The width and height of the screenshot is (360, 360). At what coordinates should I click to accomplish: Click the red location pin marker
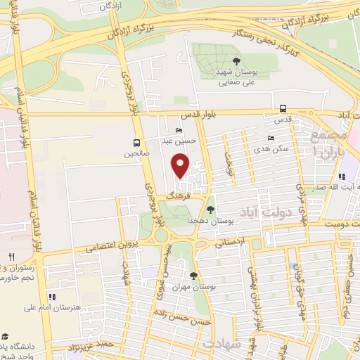[181, 166]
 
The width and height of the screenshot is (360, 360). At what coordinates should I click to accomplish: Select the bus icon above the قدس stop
[283, 108]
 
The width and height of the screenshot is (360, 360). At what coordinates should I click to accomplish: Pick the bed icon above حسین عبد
[179, 130]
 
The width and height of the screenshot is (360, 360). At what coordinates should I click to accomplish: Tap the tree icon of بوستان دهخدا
[211, 209]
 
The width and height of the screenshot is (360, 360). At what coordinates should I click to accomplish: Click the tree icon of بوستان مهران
[193, 276]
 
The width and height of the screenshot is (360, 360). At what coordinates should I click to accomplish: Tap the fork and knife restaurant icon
[11, 257]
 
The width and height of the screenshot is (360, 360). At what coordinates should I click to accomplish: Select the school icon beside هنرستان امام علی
[52, 295]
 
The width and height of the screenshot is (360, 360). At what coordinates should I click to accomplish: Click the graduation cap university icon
[6, 337]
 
